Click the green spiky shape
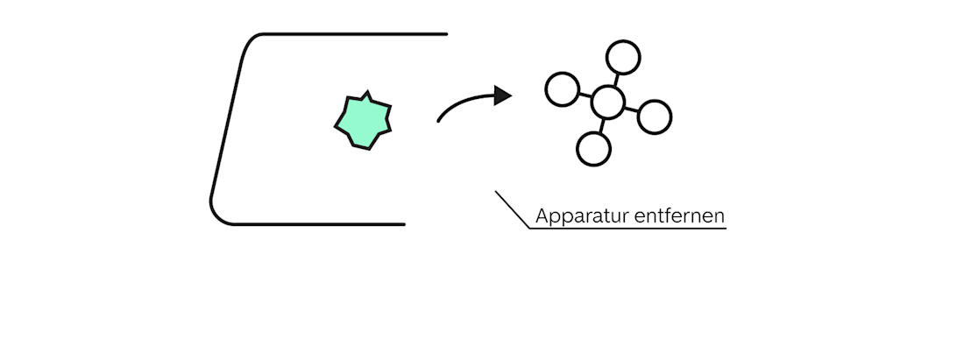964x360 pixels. point(363,121)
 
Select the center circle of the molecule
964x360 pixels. point(607,102)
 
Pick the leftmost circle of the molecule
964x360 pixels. point(562,89)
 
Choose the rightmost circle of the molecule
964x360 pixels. point(655,116)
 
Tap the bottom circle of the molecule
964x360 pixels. point(593,149)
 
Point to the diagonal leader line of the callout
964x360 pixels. point(513,210)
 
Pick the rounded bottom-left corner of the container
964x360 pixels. point(216,214)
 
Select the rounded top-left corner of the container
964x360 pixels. point(252,41)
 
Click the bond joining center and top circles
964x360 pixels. point(616,79)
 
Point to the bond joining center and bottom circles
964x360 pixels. point(600,125)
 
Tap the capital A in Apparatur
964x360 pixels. point(542,215)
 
